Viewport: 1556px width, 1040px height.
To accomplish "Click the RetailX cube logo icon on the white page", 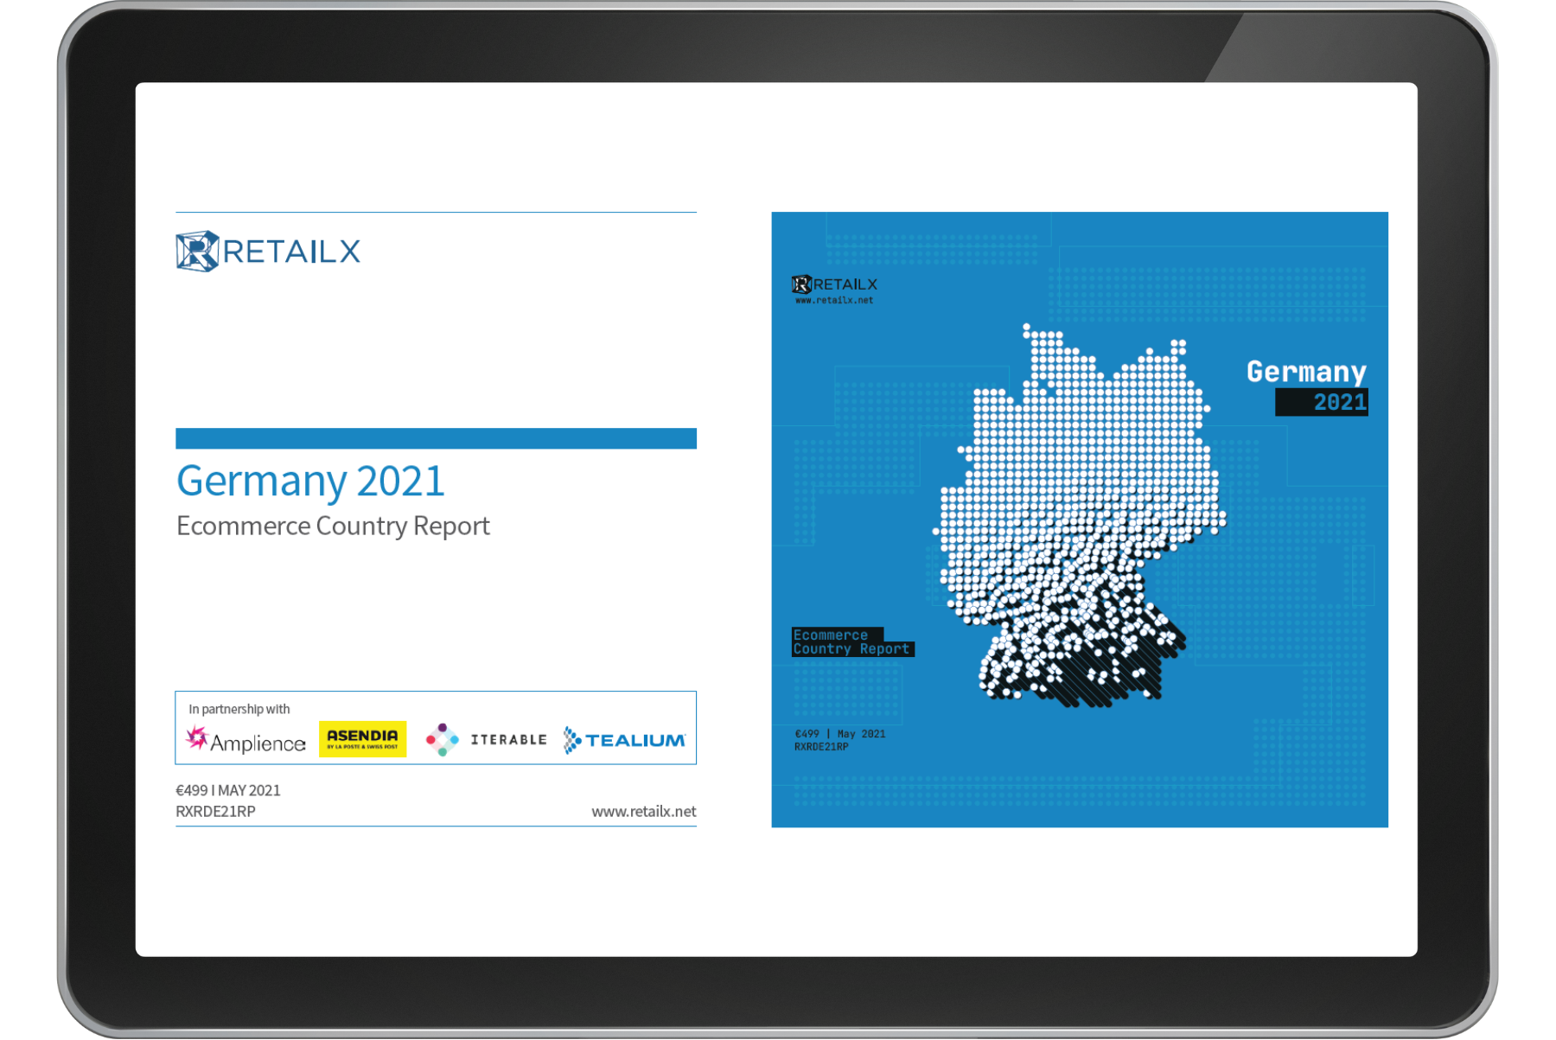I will coord(197,252).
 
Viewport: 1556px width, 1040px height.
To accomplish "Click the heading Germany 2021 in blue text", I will coord(310,482).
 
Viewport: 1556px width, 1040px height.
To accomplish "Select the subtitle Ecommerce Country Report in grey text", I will coord(333,526).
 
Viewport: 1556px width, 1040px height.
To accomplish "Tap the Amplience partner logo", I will coord(246,741).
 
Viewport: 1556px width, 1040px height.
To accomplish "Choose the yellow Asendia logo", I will coord(362,739).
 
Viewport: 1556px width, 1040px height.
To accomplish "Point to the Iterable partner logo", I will coord(487,740).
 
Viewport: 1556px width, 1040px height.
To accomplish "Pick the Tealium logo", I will coord(624,740).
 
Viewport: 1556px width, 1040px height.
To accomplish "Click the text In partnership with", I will coord(239,709).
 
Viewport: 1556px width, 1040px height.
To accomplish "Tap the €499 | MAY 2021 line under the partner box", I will coord(228,790).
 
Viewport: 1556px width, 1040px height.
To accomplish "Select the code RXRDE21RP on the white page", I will coord(215,812).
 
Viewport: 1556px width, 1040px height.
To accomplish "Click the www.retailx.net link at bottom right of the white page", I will coord(644,812).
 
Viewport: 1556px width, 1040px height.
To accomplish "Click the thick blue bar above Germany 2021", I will coord(436,438).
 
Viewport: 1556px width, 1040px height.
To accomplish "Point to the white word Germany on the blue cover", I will coord(1306,372).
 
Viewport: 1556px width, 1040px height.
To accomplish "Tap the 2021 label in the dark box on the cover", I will coord(1339,402).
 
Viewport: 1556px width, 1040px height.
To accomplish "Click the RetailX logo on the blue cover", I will coord(834,284).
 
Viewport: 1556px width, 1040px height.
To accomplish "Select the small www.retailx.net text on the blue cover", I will coord(834,301).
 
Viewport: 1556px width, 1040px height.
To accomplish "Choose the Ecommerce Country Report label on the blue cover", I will coord(851,642).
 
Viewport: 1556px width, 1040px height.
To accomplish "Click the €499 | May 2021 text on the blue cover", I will coord(840,734).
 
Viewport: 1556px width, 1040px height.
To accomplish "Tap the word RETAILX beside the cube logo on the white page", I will coord(291,252).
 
